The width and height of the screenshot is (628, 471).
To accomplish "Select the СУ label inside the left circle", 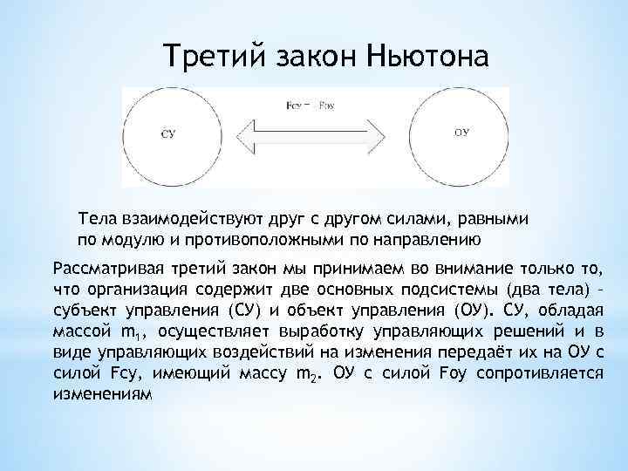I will [170, 133].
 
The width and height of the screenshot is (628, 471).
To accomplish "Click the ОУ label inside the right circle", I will [462, 133].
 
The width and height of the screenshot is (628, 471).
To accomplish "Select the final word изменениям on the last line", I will [102, 394].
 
